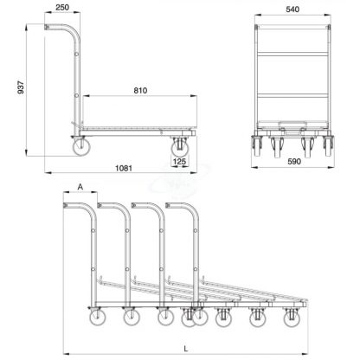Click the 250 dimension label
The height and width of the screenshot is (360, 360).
click(x=62, y=7)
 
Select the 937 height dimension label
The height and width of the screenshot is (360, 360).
click(x=21, y=87)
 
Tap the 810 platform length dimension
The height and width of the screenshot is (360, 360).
click(x=140, y=91)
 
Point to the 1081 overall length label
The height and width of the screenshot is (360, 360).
click(x=124, y=168)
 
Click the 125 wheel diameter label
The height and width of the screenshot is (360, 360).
click(x=179, y=161)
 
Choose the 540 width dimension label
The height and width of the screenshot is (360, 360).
click(x=292, y=10)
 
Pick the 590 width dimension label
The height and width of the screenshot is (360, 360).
click(x=294, y=162)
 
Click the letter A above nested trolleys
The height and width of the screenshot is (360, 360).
click(x=80, y=187)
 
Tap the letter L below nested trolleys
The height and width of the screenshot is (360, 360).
click(x=186, y=349)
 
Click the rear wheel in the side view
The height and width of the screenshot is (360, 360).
click(x=81, y=147)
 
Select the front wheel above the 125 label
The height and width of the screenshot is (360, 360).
click(x=180, y=148)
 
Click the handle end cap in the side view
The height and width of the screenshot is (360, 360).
click(x=47, y=27)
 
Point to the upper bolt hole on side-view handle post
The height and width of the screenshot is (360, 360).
click(x=76, y=55)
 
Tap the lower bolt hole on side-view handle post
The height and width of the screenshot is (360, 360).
click(x=76, y=95)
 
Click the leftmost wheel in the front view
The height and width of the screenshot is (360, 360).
click(x=257, y=146)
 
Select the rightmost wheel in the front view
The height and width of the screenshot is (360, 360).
click(x=328, y=146)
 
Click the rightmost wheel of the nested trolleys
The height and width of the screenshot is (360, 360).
click(x=292, y=318)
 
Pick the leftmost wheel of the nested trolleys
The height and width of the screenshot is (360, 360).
click(x=97, y=317)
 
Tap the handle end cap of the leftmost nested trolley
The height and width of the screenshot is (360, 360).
click(x=66, y=205)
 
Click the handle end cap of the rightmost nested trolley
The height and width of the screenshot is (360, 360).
click(x=168, y=205)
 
